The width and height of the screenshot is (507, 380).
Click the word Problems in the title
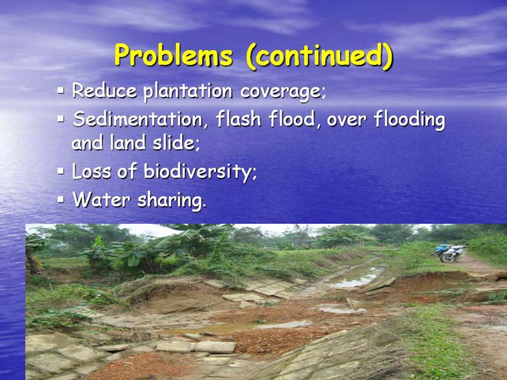[x=174, y=55]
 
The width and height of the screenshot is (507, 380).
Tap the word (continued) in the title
[x=320, y=56]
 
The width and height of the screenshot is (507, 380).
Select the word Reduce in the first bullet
[x=104, y=90]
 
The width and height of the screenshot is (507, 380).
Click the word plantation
[x=188, y=91]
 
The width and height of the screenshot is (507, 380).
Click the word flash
[x=239, y=119]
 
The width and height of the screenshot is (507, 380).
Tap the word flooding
[x=410, y=120]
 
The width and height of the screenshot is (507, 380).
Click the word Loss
[x=92, y=171]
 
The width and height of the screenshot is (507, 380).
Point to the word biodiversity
[x=200, y=172]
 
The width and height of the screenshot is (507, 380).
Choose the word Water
[x=101, y=199]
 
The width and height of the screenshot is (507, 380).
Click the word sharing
[x=172, y=201]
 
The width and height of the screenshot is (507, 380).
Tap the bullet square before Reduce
[x=61, y=90]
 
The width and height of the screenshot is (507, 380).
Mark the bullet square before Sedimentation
[x=61, y=119]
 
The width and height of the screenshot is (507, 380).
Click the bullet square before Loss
[x=61, y=170]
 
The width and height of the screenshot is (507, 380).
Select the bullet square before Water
[x=61, y=199]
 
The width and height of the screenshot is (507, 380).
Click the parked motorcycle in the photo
[x=449, y=253]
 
